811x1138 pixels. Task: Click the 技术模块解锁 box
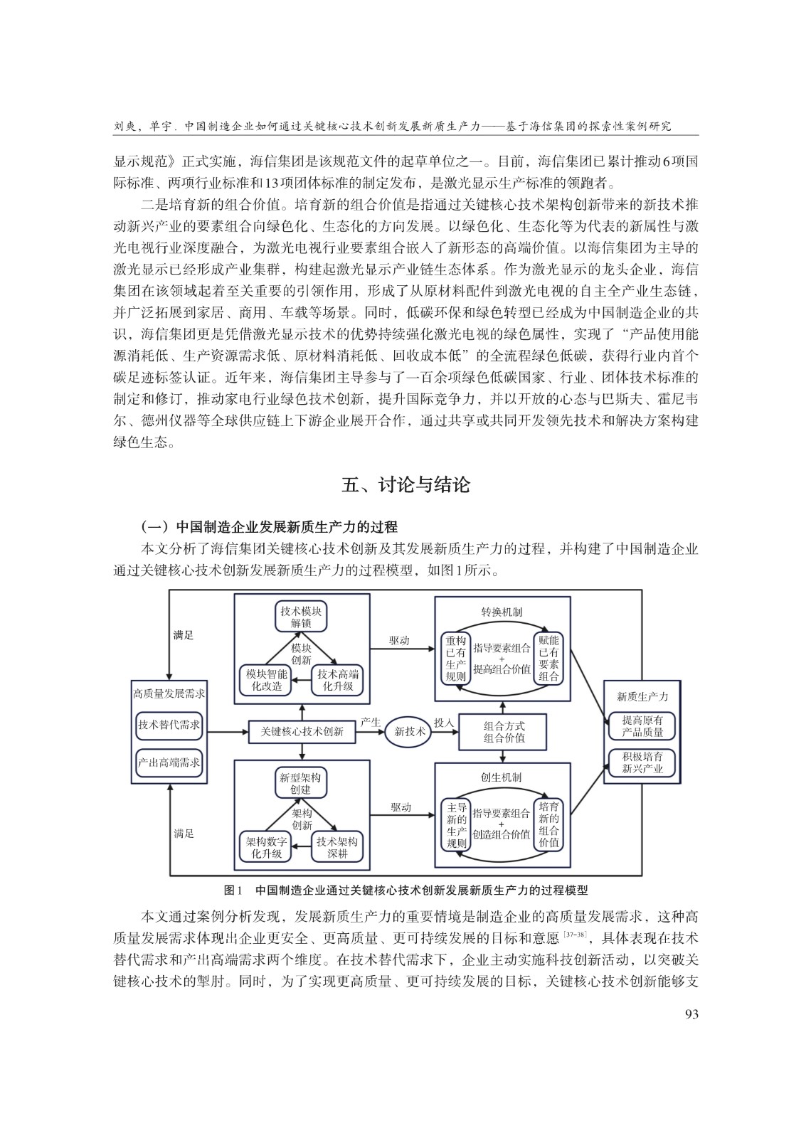point(301,617)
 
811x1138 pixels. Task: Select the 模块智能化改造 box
point(266,680)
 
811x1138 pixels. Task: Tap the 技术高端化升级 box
point(338,680)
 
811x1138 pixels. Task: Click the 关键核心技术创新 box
point(302,732)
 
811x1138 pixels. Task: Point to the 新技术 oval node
point(409,732)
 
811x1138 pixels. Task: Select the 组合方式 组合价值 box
point(503,732)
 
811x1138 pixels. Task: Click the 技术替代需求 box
point(169,725)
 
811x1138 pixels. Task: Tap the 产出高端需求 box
point(169,762)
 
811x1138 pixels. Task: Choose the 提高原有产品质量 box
point(642,726)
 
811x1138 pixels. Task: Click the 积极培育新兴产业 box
point(642,763)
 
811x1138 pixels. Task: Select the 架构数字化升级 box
point(266,848)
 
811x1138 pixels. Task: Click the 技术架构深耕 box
point(337,848)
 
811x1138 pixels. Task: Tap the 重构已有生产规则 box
point(456,659)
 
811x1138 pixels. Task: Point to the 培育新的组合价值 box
point(548,824)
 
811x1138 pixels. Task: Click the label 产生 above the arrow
point(371,722)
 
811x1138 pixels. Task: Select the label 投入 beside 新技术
point(444,722)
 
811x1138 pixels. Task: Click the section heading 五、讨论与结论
point(405,484)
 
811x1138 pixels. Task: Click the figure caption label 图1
point(233,890)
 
